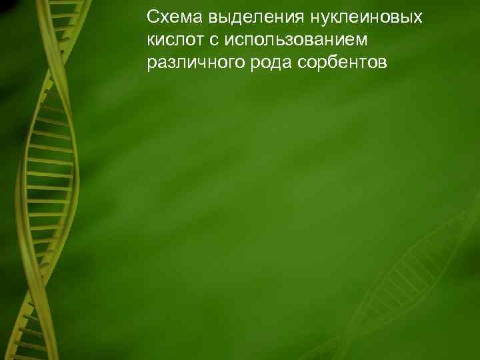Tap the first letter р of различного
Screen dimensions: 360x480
tap(152, 65)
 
